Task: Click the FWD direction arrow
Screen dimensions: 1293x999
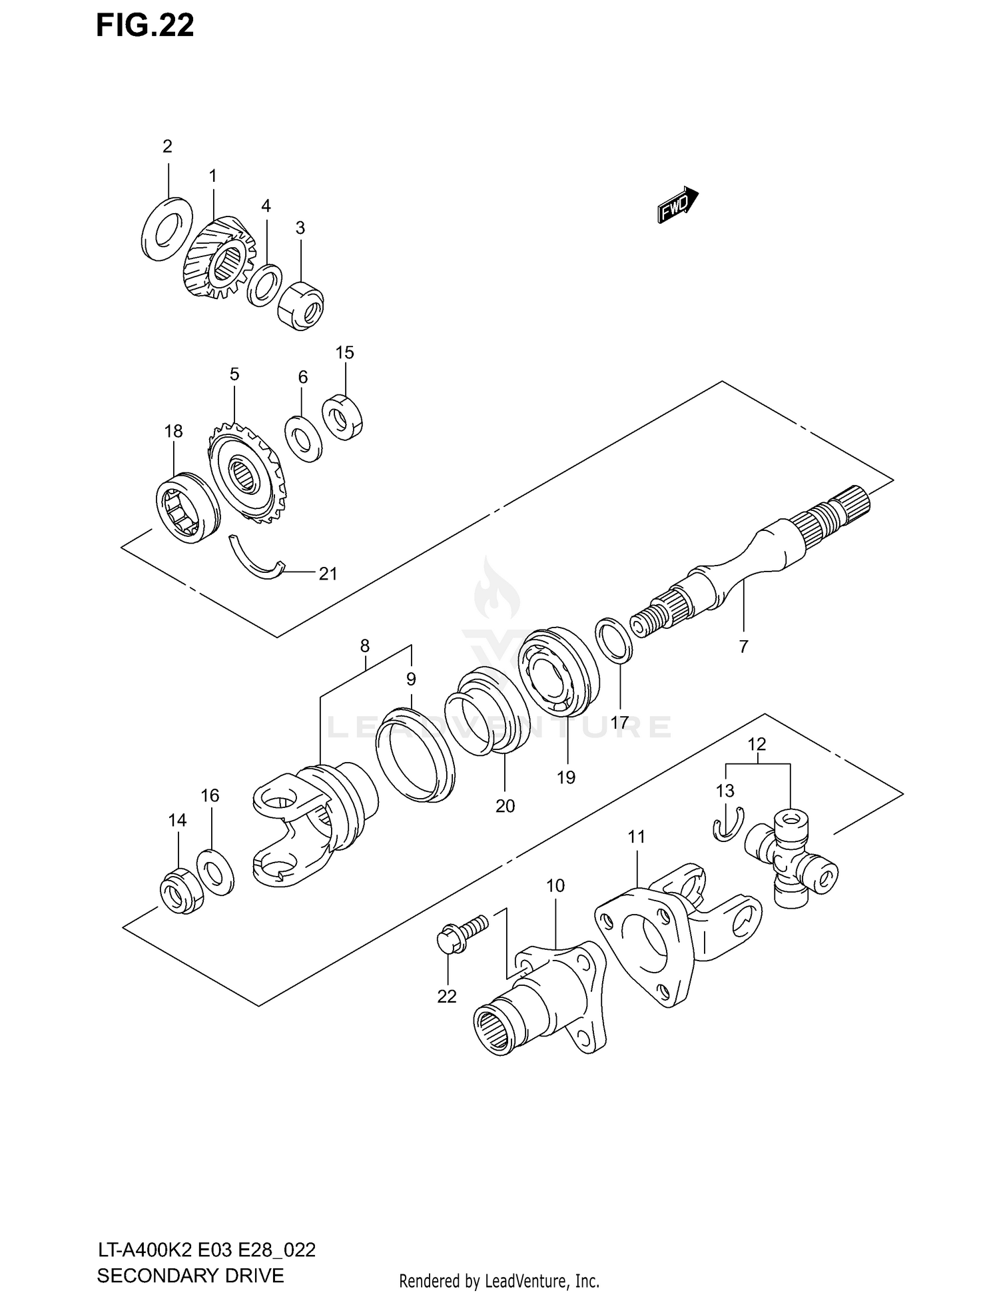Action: coord(677,205)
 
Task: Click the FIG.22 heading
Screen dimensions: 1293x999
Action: coord(145,25)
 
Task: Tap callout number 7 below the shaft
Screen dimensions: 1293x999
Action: coord(743,646)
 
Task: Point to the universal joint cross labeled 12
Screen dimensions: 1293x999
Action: coord(791,858)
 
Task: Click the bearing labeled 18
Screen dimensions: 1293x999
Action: coord(188,508)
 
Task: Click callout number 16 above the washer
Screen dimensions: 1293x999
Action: coord(210,795)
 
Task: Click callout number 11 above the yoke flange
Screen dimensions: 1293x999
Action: coord(637,837)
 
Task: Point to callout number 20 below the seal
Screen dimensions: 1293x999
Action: coord(505,806)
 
